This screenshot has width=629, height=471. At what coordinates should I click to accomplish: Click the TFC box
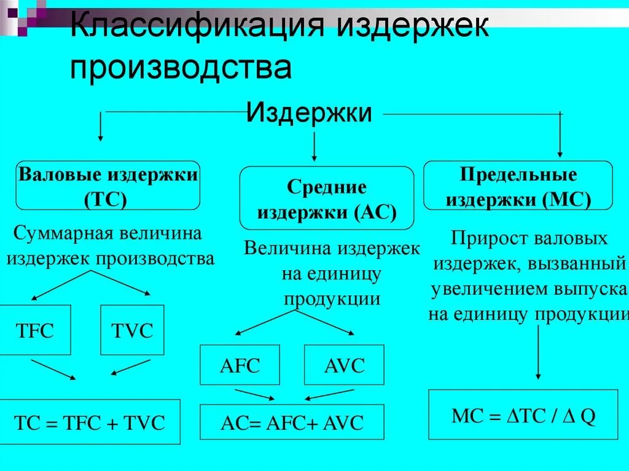click(x=34, y=330)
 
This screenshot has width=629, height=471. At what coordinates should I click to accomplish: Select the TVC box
click(x=132, y=330)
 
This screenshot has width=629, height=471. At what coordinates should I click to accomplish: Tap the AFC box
click(x=240, y=365)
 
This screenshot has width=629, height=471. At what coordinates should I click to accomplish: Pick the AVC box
click(x=344, y=365)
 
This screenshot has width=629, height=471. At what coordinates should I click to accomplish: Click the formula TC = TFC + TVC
click(x=90, y=422)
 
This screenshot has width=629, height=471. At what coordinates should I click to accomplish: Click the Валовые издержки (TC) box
click(x=108, y=185)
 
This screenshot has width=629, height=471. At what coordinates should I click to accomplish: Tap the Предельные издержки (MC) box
click(x=518, y=185)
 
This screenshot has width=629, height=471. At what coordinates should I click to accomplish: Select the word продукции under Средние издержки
click(x=332, y=299)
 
